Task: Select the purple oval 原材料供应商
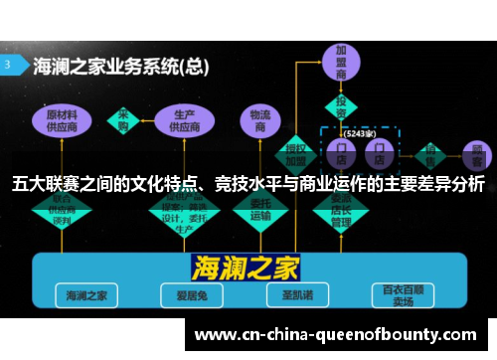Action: click(68, 121)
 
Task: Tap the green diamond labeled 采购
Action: click(123, 118)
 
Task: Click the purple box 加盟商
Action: click(341, 63)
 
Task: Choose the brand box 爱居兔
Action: click(184, 294)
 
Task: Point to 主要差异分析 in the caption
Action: click(436, 184)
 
